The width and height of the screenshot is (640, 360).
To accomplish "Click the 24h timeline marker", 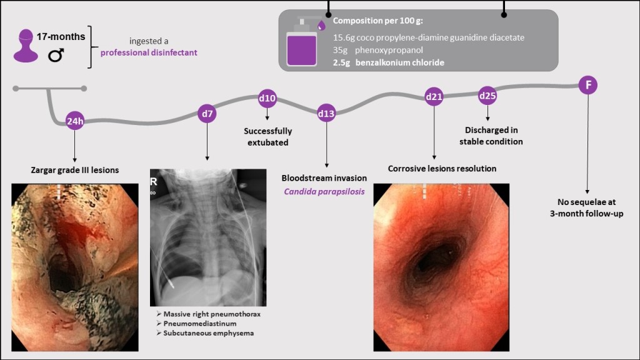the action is (x=74, y=121).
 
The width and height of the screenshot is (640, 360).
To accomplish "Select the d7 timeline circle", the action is (x=207, y=114).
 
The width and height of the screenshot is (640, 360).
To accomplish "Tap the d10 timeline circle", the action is (x=267, y=98).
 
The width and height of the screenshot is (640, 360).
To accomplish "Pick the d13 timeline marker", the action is (x=326, y=114).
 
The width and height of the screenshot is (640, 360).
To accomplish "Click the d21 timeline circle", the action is (x=434, y=97).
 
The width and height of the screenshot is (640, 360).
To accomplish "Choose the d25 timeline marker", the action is (x=487, y=96).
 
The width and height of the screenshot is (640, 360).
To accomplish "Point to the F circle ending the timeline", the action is (x=587, y=85).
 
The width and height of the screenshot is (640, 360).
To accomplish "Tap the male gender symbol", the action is (x=56, y=56).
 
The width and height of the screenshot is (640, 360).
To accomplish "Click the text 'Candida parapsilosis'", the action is (x=324, y=191).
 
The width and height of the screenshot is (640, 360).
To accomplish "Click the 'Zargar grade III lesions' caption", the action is (x=75, y=169).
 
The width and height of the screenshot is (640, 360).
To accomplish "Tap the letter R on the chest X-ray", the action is (x=154, y=181).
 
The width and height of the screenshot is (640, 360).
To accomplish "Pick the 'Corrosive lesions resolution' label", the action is (x=442, y=168).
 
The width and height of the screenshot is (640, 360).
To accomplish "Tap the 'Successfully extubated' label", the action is (x=267, y=136).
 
